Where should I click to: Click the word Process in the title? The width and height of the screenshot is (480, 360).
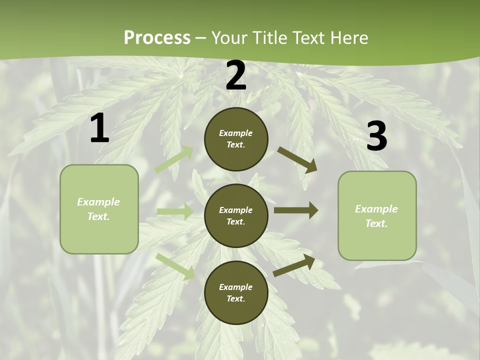[157, 38]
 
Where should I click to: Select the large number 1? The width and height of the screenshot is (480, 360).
[99, 128]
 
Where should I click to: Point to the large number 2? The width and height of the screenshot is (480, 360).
[236, 76]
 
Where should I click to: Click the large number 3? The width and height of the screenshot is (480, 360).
[376, 136]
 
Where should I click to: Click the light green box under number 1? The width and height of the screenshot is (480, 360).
[99, 209]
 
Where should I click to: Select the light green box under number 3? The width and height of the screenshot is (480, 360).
[377, 215]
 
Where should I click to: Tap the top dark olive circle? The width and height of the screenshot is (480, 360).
[236, 139]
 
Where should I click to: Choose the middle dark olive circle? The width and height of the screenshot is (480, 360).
[236, 215]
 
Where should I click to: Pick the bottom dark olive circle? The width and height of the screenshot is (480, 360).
[236, 292]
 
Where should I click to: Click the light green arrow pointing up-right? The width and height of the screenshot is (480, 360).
[174, 159]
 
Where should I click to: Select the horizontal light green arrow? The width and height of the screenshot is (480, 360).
[175, 211]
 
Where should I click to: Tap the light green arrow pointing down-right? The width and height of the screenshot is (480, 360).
[175, 266]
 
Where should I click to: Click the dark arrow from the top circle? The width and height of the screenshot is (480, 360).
[297, 159]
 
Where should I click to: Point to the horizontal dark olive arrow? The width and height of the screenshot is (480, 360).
[295, 210]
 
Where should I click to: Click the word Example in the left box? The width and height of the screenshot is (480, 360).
[98, 202]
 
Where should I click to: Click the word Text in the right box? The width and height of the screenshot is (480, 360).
[376, 223]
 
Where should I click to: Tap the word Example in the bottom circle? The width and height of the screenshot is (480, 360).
[235, 287]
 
